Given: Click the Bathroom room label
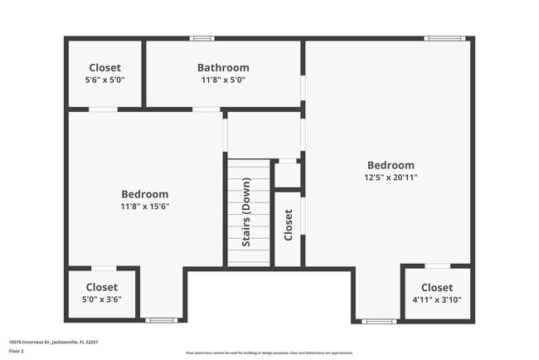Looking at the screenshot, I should click(223, 68).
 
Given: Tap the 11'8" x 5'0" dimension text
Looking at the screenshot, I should click(223, 80).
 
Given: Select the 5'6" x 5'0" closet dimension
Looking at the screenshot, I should click(104, 80).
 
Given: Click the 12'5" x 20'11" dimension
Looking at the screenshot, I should click(391, 178).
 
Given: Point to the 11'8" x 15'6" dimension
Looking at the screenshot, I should click(144, 207).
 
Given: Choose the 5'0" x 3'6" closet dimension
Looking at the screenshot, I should click(103, 299).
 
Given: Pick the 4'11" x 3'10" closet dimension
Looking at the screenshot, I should click(436, 299).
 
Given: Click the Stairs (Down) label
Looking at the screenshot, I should click(246, 214).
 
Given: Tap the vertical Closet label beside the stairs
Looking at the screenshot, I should click(289, 224).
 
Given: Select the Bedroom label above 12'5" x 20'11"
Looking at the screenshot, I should click(391, 165).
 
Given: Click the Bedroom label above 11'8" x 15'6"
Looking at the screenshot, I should click(144, 194).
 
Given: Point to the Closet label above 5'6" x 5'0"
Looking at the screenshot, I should click(104, 68).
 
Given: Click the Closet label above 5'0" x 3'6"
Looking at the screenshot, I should click(103, 287).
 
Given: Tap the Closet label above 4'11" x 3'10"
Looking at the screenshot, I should click(436, 287).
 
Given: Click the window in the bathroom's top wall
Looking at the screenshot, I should click(202, 38).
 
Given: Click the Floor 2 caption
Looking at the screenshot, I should click(17, 351).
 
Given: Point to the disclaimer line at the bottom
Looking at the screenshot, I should click(269, 353).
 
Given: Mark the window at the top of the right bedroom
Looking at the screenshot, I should click(444, 38).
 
